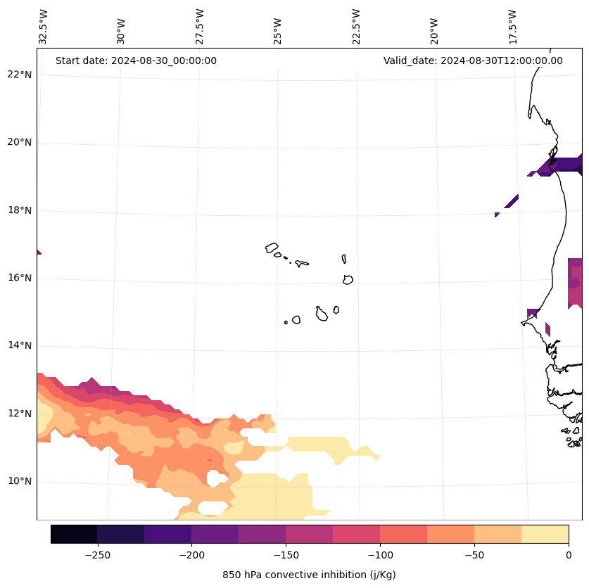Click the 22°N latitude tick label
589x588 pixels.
pyautogui.click(x=19, y=75)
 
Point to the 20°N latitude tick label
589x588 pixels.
pyautogui.click(x=19, y=142)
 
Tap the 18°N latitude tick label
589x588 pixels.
pyautogui.click(x=19, y=210)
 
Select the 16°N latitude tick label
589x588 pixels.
pyautogui.click(x=19, y=278)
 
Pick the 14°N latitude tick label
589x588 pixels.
pyautogui.click(x=19, y=345)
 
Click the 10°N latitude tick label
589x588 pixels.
pyautogui.click(x=19, y=482)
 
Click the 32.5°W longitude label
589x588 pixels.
pyautogui.click(x=44, y=27)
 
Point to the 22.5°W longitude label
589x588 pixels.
pyautogui.click(x=356, y=27)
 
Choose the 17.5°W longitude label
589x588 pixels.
pyautogui.click(x=513, y=27)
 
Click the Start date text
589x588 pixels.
pyautogui.click(x=136, y=60)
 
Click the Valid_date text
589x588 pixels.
pyautogui.click(x=473, y=60)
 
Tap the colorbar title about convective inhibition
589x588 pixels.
pyautogui.click(x=309, y=575)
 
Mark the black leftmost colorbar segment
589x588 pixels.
pyautogui.click(x=74, y=534)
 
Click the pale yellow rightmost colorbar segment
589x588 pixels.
pyautogui.click(x=545, y=534)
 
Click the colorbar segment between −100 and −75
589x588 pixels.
pyautogui.click(x=403, y=534)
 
